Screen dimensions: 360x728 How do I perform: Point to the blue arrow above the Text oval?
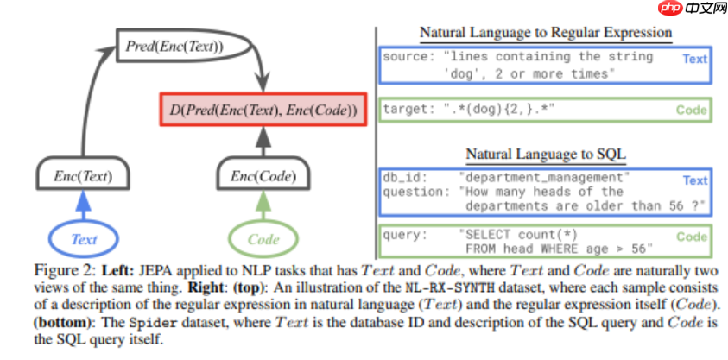pyautogui.click(x=85, y=205)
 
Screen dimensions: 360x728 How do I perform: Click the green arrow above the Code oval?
pyautogui.click(x=264, y=205)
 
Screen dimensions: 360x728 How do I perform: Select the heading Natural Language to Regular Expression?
pyautogui.click(x=545, y=33)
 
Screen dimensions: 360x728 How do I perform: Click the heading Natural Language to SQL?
pyautogui.click(x=545, y=155)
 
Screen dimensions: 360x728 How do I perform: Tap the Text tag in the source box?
pyautogui.click(x=694, y=59)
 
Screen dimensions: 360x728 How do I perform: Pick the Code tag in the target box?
pyautogui.click(x=692, y=110)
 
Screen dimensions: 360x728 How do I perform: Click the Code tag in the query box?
pyautogui.click(x=692, y=237)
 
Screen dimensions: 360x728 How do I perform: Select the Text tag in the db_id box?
pyautogui.click(x=694, y=180)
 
